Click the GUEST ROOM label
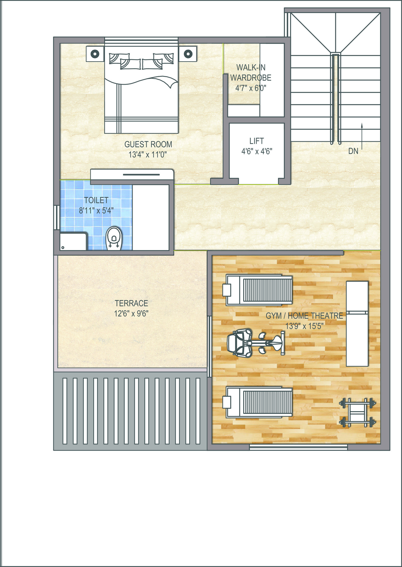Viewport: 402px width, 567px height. tap(148, 144)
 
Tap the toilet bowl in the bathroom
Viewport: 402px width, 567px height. tap(114, 238)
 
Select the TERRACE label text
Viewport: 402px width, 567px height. tap(131, 303)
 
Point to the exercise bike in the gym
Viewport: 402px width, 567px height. tap(256, 343)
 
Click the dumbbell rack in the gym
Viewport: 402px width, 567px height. tap(358, 412)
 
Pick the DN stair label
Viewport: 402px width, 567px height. tap(353, 151)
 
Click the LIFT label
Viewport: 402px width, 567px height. tap(257, 141)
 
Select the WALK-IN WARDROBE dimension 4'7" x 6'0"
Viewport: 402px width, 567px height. tap(251, 88)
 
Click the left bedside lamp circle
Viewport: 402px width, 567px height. tap(95, 53)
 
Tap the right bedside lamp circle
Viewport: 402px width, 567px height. tap(188, 53)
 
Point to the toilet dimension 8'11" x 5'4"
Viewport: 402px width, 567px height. tap(96, 211)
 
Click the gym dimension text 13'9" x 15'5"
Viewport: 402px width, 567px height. tap(304, 326)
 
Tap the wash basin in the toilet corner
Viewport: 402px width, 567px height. tap(73, 241)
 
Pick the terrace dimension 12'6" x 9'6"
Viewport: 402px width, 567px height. tap(131, 314)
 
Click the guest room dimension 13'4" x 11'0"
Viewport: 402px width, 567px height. tap(148, 155)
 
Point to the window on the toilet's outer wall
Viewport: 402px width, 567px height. tap(57, 217)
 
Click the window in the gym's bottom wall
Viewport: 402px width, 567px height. tap(298, 447)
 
